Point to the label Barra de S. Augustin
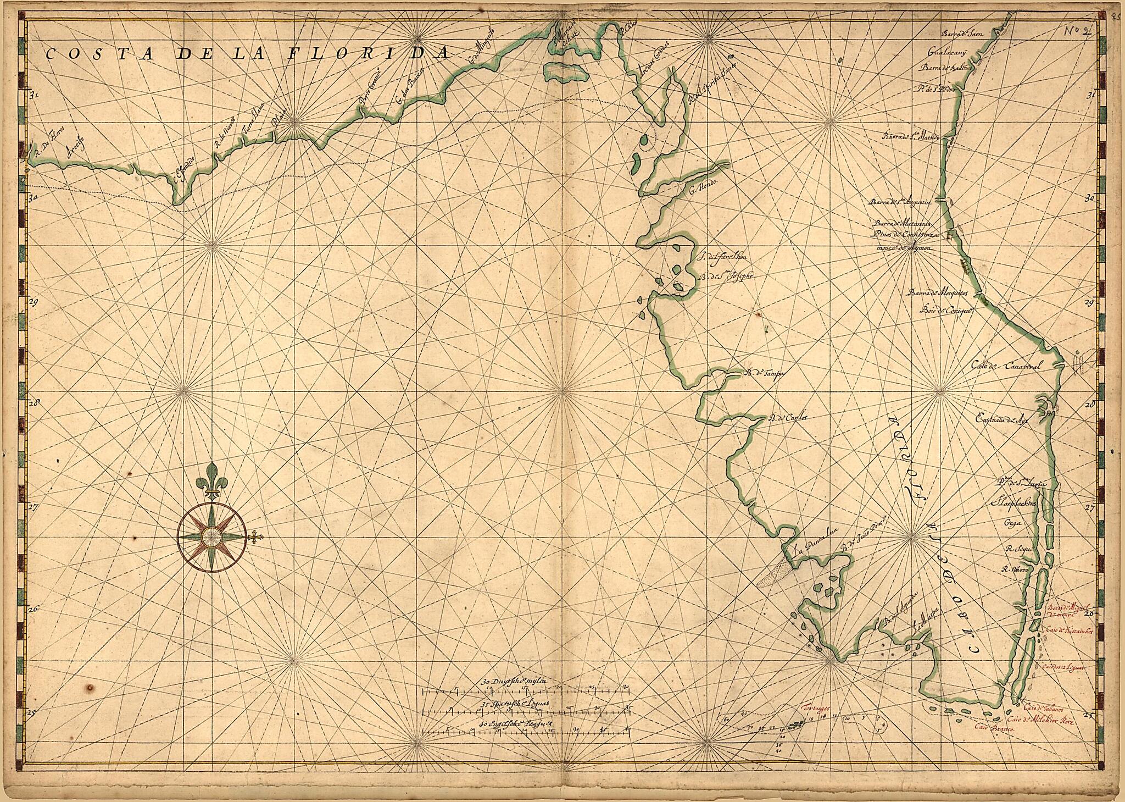[899, 202]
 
